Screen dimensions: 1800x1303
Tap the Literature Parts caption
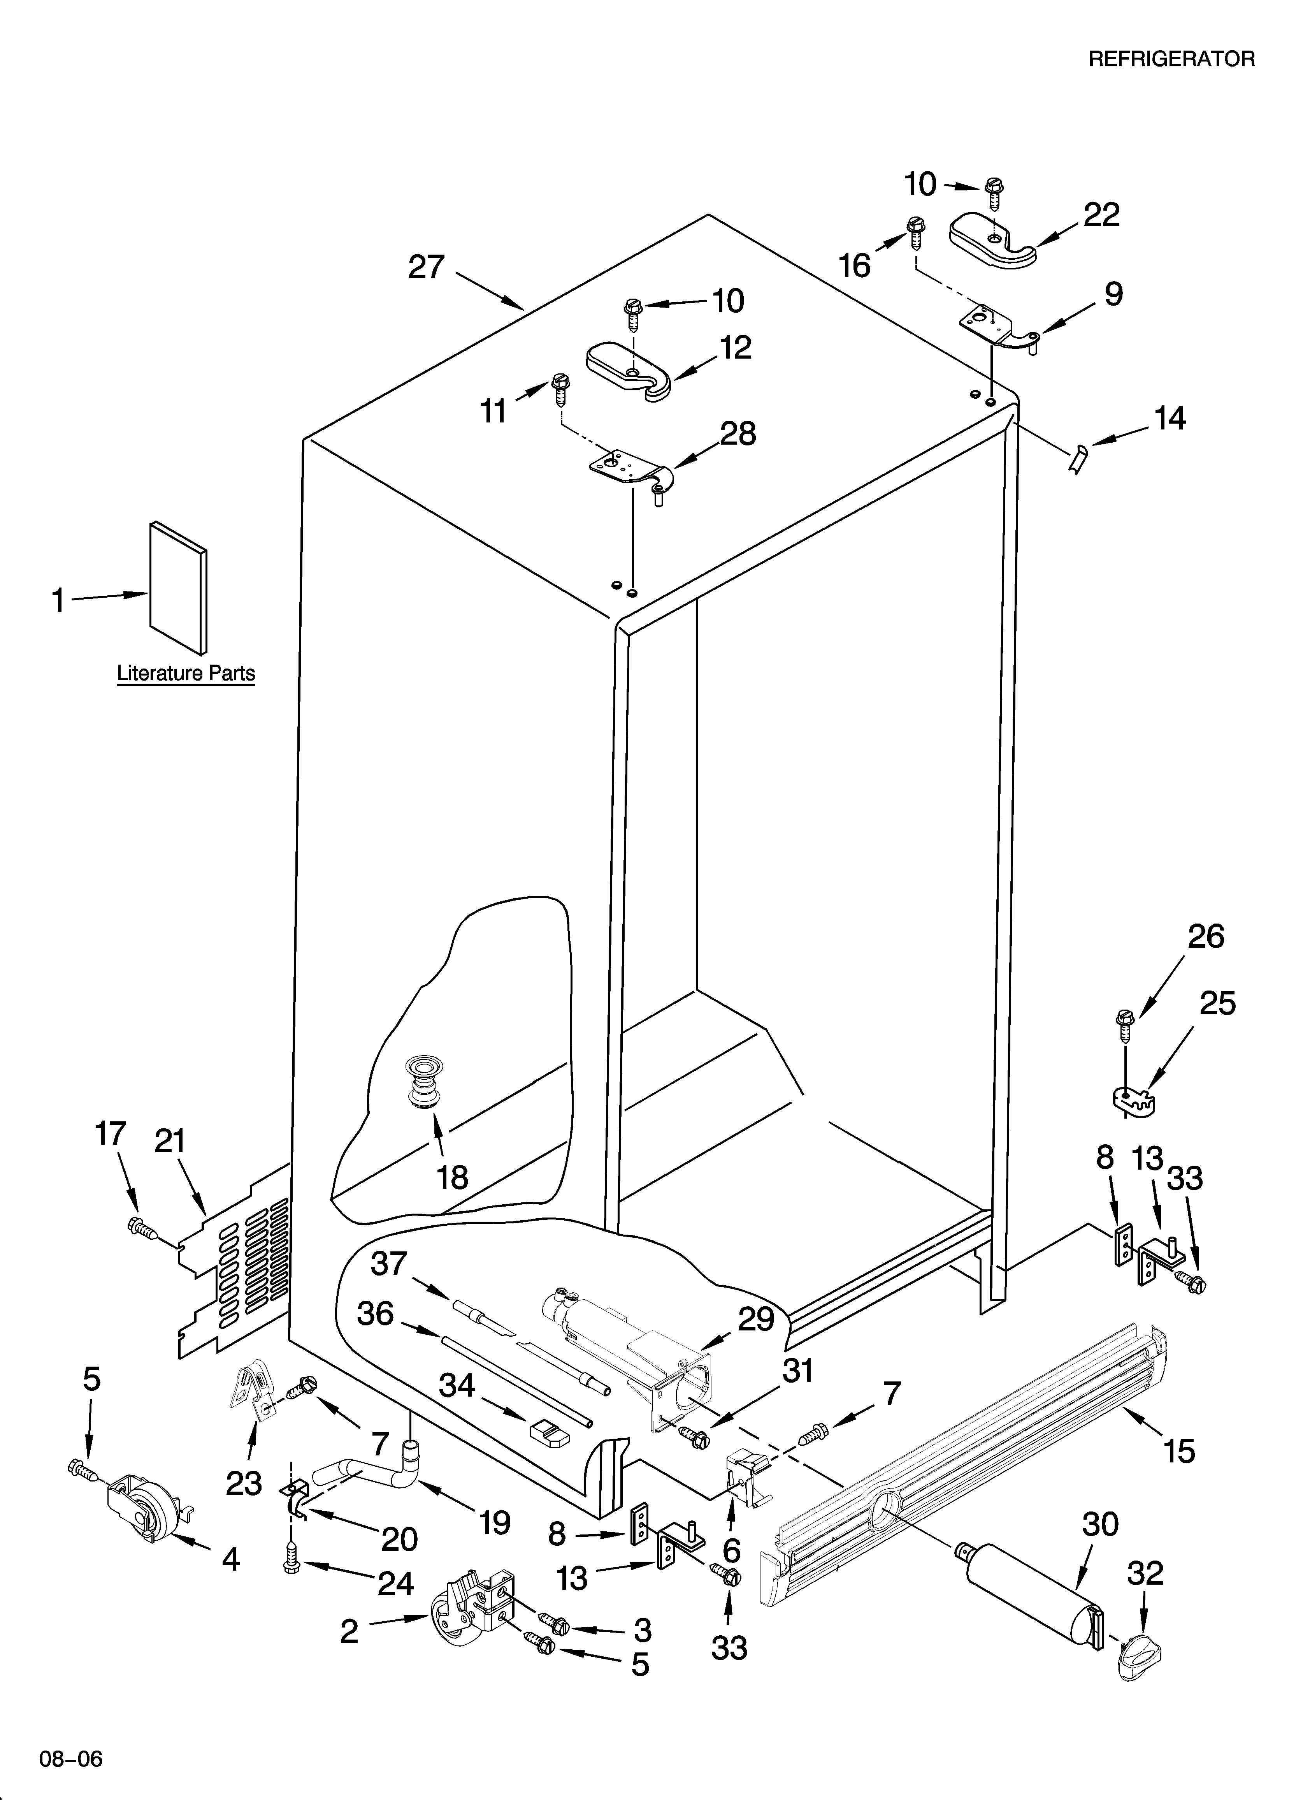coord(186,673)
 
